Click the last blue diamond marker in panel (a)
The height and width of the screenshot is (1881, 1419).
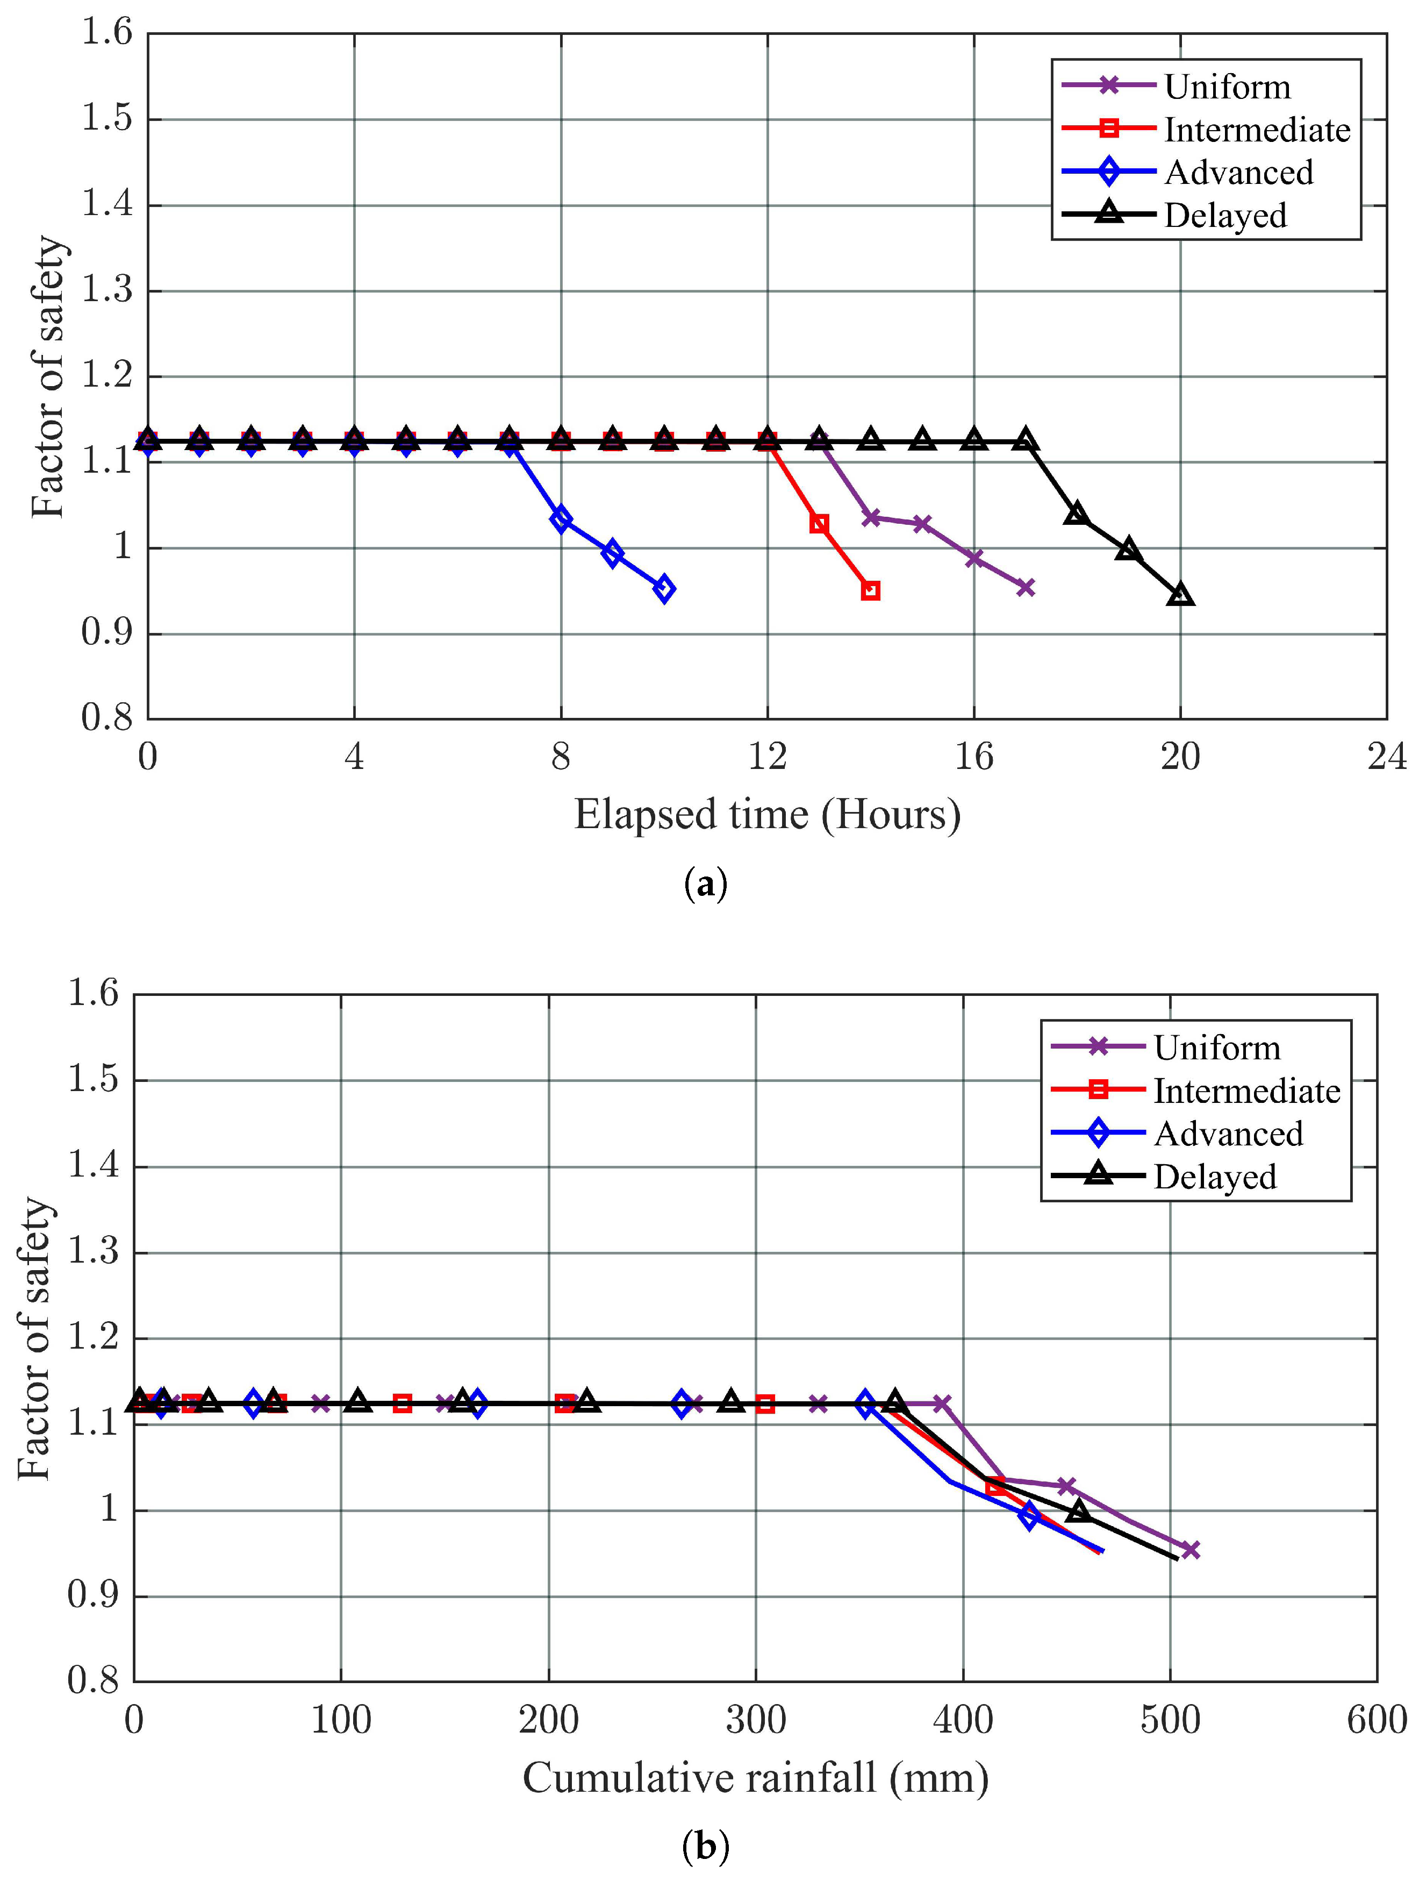tap(664, 588)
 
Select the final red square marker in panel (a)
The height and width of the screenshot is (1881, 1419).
tap(870, 590)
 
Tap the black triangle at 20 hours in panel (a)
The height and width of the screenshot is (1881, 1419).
tap(1180, 594)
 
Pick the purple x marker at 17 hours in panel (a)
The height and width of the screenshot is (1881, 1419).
tap(1026, 587)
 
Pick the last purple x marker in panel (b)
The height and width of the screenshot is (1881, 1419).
tap(1190, 1549)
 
